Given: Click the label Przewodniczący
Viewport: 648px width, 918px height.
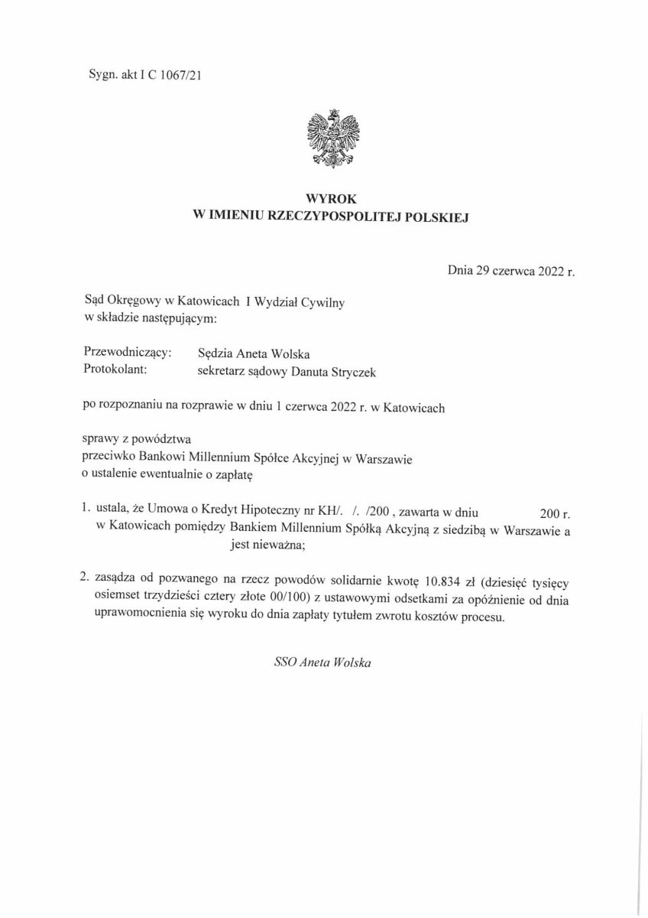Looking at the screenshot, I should pyautogui.click(x=127, y=353).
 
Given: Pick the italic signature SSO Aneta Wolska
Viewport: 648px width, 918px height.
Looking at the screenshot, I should pyautogui.click(x=322, y=662).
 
